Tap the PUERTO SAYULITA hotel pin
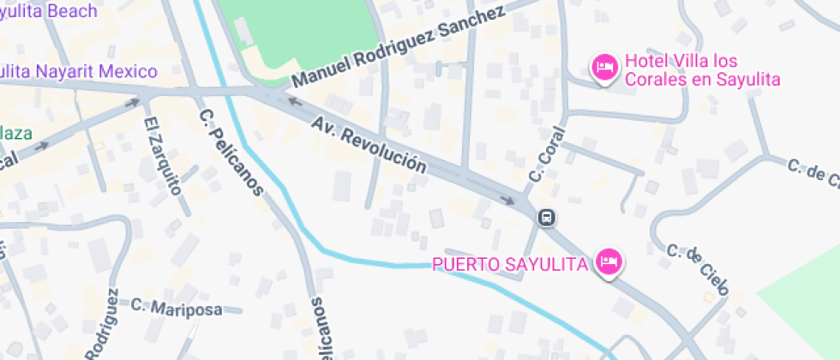609,261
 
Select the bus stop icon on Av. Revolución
546,218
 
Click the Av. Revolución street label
369,144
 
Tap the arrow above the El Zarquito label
133,103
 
